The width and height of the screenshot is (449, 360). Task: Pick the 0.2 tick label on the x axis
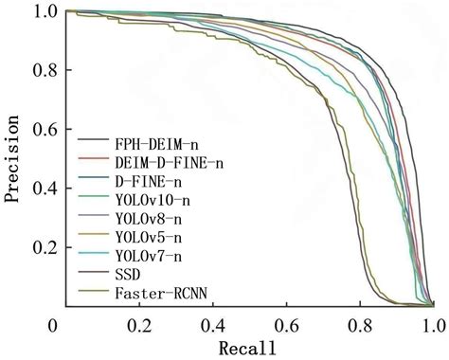click(x=138, y=325)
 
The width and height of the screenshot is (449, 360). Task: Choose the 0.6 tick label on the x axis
click(x=286, y=325)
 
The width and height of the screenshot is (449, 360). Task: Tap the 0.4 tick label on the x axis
click(x=212, y=325)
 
